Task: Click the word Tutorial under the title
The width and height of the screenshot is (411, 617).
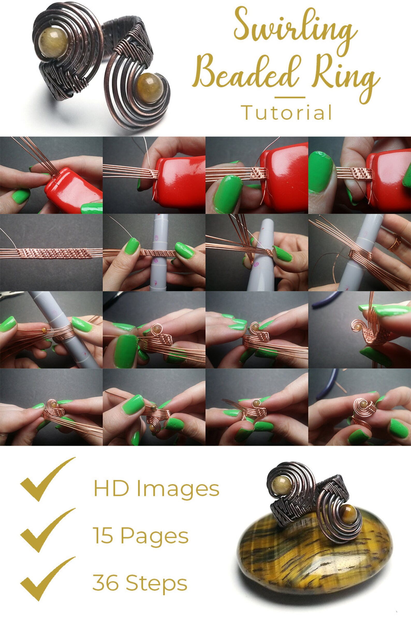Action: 286,112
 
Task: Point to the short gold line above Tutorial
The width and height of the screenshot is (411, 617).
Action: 290,97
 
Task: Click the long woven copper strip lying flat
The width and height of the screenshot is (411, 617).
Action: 53,253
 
